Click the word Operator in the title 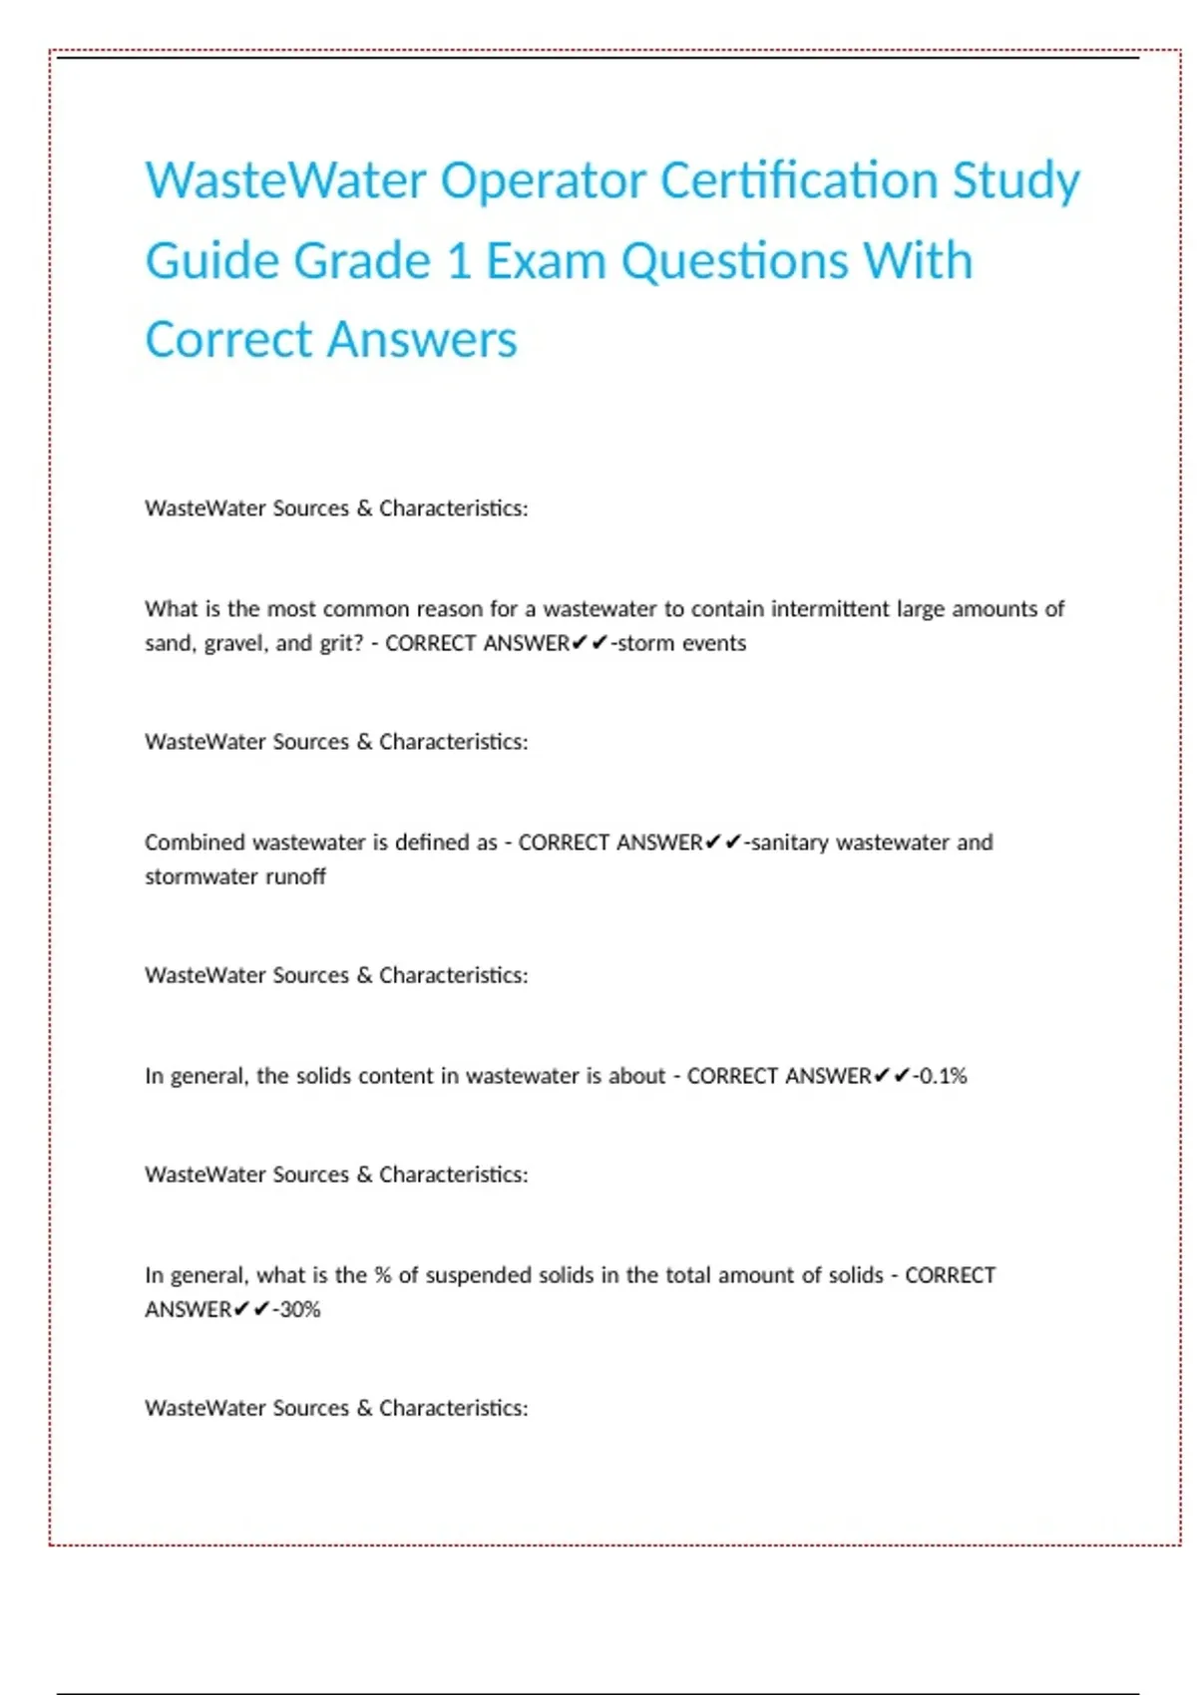(543, 181)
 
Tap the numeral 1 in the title (458, 261)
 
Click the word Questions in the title (734, 261)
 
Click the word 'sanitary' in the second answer (790, 843)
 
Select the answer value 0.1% (943, 1076)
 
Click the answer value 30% (300, 1309)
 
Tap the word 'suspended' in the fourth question (478, 1275)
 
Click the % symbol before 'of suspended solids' (383, 1275)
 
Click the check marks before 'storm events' (590, 643)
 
